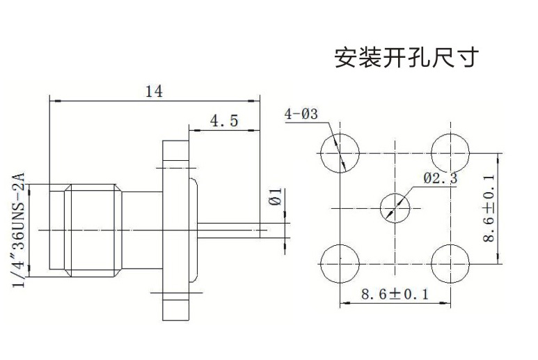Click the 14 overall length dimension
(x=154, y=91)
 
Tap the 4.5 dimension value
(x=223, y=121)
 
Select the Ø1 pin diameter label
(x=276, y=197)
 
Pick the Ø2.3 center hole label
(x=441, y=178)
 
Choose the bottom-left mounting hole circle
(x=340, y=263)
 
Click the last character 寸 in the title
(x=468, y=56)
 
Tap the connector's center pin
(x=230, y=230)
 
